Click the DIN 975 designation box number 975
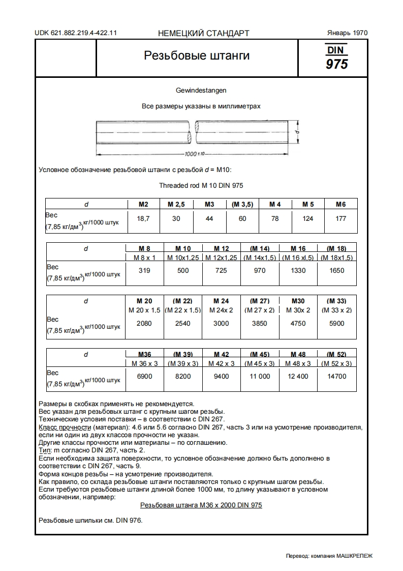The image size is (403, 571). (x=336, y=65)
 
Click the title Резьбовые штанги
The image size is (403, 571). (x=197, y=55)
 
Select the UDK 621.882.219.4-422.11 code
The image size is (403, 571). (x=76, y=33)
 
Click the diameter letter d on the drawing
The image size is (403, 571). (x=295, y=133)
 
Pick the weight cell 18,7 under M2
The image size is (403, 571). (x=143, y=218)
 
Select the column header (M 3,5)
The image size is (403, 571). (x=242, y=204)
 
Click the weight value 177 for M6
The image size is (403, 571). (x=340, y=218)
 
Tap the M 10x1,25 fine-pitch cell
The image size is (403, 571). (x=183, y=258)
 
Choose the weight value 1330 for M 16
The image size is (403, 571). (x=298, y=271)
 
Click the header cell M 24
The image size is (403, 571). (x=221, y=301)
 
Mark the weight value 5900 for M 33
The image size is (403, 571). (x=336, y=323)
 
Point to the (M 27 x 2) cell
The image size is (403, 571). (x=259, y=310)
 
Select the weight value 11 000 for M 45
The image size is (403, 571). (x=259, y=377)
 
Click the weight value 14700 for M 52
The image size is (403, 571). (x=336, y=377)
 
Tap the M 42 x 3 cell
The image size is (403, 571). (x=221, y=363)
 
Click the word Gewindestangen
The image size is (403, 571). (x=201, y=90)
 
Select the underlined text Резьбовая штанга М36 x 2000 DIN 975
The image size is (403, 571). (x=201, y=505)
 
